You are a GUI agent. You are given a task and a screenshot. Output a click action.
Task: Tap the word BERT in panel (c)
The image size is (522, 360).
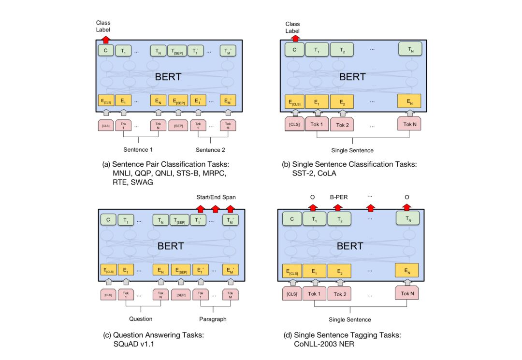[x=171, y=245]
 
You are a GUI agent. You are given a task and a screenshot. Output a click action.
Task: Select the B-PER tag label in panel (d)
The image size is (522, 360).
[x=339, y=197]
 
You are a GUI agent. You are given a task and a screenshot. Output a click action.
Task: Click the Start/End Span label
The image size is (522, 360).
[x=215, y=197]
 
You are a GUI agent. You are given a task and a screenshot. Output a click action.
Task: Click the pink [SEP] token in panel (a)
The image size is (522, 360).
[x=178, y=126]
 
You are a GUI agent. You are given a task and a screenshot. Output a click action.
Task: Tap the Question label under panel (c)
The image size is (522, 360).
[x=141, y=319]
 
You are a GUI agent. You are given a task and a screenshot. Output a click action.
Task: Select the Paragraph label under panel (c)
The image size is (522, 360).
[x=213, y=319]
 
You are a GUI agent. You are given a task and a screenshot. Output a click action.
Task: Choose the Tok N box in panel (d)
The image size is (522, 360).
[x=407, y=293]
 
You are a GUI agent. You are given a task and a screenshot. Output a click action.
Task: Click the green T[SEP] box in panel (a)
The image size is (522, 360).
[x=177, y=50]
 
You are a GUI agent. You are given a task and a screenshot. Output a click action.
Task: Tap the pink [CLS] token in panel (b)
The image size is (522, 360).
[x=294, y=124]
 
